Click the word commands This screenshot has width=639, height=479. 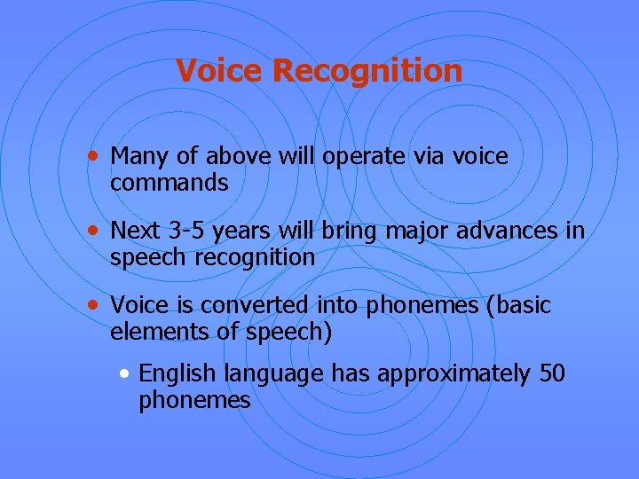pyautogui.click(x=169, y=184)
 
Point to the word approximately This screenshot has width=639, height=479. pyautogui.click(x=453, y=374)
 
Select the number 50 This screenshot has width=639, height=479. pyautogui.click(x=551, y=373)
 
